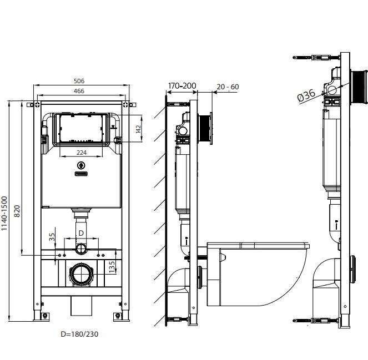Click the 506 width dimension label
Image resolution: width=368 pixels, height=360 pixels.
point(79,81)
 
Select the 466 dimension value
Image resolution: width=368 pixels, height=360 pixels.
point(79,91)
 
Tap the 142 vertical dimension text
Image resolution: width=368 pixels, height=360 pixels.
point(138,129)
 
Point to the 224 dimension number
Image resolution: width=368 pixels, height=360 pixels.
point(82,153)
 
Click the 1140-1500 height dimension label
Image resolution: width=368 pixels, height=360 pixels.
point(4,214)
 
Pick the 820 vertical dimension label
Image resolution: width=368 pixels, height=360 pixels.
point(17,211)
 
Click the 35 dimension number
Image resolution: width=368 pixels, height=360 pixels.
point(52,237)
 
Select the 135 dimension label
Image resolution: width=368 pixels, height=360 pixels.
point(112,267)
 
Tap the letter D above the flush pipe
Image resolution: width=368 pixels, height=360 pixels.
point(81,233)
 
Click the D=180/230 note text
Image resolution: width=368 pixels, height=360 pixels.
point(79,334)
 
